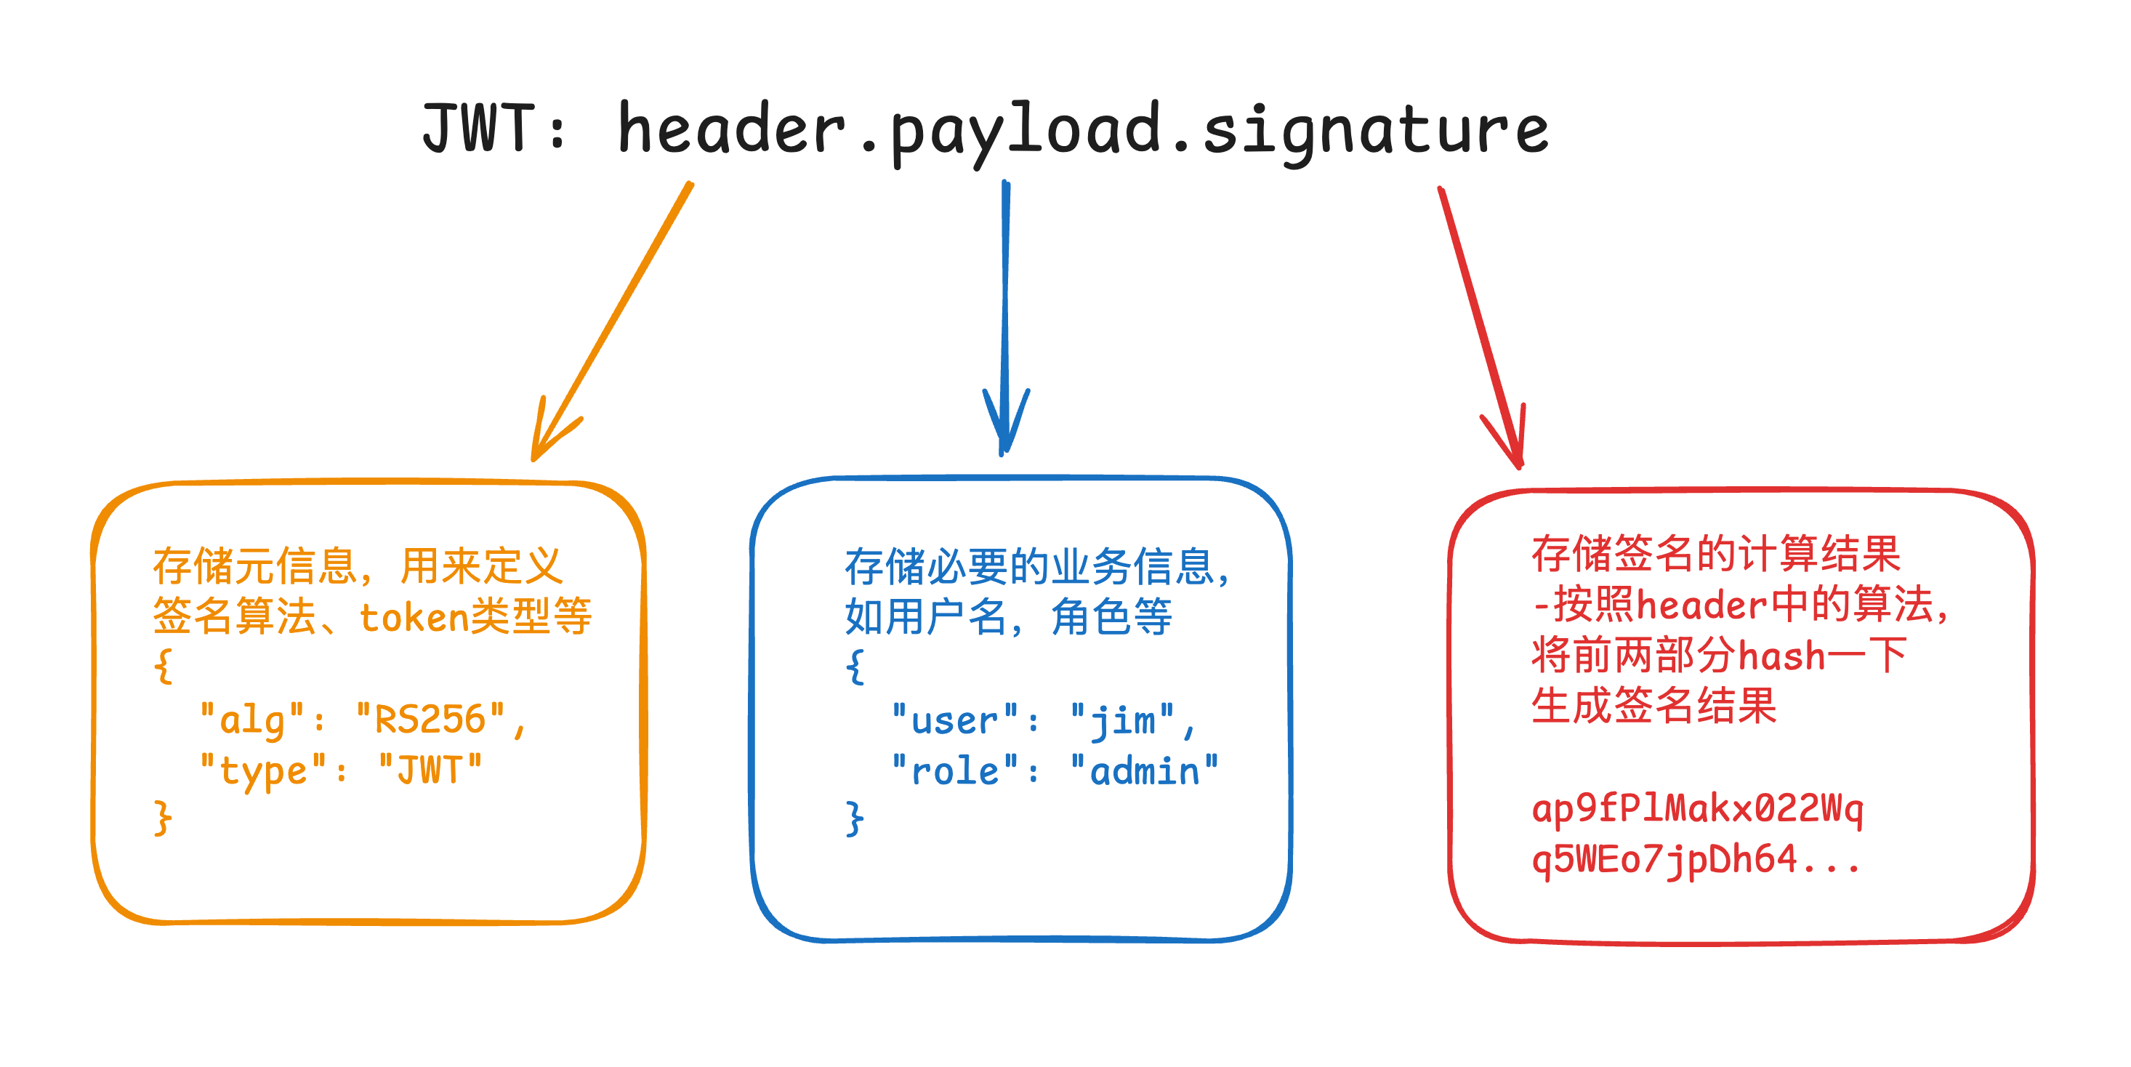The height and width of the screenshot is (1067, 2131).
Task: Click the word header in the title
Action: (732, 130)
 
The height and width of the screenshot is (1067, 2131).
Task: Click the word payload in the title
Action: (1026, 132)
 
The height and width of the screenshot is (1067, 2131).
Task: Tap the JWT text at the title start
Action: (478, 128)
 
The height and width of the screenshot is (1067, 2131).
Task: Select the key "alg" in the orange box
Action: (251, 720)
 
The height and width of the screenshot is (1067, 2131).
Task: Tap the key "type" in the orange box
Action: (263, 772)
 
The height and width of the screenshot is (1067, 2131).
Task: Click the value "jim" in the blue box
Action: (1121, 720)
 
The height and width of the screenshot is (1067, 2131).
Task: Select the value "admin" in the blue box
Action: (1144, 772)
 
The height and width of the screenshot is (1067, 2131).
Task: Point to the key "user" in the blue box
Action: (954, 720)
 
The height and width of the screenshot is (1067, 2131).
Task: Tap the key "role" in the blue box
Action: (954, 772)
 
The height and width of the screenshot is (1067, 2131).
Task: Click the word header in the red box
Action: (1701, 605)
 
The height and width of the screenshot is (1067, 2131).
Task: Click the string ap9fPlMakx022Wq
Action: (1696, 808)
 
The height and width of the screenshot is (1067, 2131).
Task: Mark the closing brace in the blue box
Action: (855, 819)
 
